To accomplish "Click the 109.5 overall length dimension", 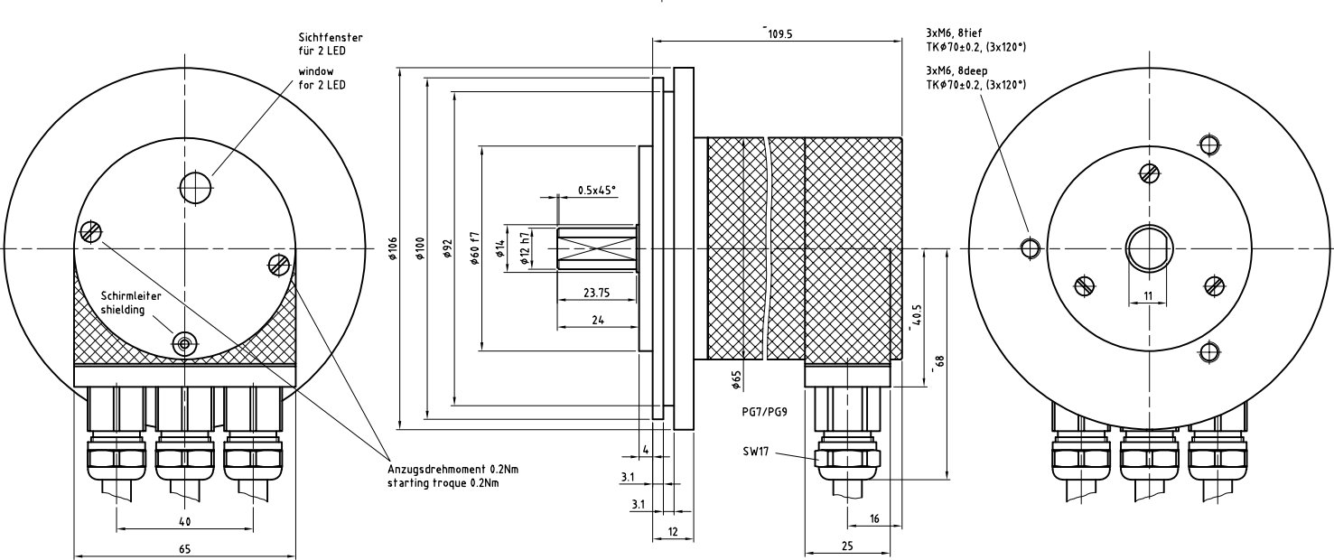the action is pyautogui.click(x=779, y=34).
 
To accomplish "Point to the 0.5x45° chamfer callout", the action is pyautogui.click(x=597, y=190).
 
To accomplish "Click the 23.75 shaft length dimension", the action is pyautogui.click(x=597, y=293).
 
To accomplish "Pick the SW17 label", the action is pyautogui.click(x=756, y=452).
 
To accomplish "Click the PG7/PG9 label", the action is pyautogui.click(x=765, y=412).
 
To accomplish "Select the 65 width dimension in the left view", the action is pyautogui.click(x=184, y=548).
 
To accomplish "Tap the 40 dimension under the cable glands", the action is pyautogui.click(x=184, y=521).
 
